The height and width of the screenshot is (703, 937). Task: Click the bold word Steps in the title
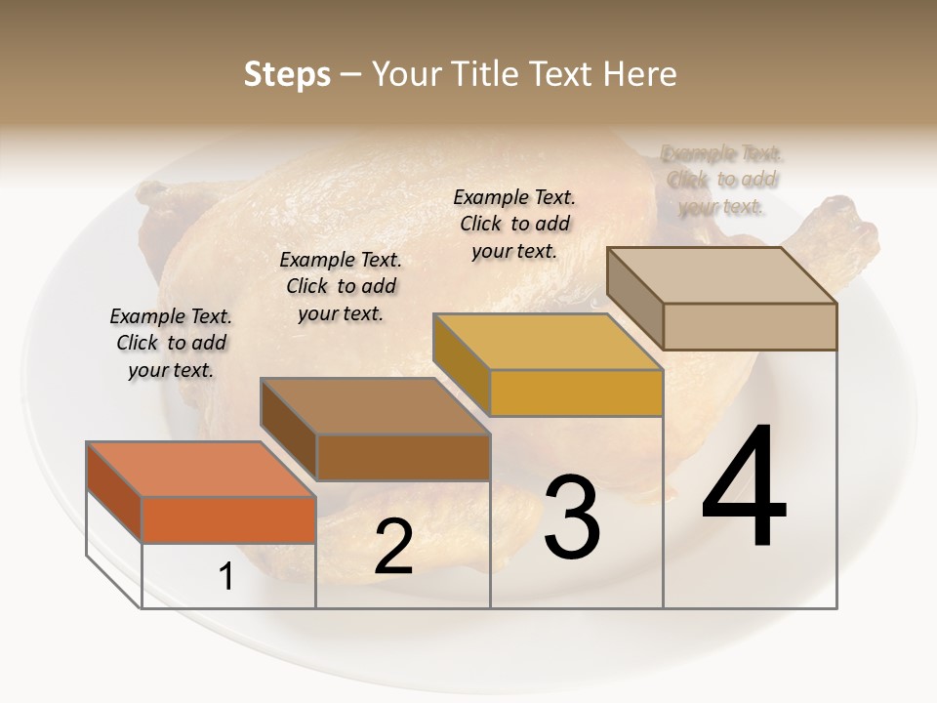[287, 74]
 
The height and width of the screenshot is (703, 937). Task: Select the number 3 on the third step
[572, 517]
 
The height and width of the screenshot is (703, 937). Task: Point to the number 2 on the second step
[393, 547]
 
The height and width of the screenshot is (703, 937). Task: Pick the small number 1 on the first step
[226, 576]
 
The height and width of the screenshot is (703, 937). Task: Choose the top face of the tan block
[722, 275]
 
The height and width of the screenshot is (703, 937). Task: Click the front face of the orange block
[228, 519]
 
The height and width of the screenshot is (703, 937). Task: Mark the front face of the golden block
[576, 393]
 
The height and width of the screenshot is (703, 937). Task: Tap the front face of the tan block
[750, 326]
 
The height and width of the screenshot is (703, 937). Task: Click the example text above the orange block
[171, 343]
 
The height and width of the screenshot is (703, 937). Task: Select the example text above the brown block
[341, 286]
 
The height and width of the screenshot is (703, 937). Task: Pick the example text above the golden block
[514, 224]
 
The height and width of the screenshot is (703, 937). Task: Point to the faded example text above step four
[722, 180]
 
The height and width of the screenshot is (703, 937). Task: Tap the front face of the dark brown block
[402, 457]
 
